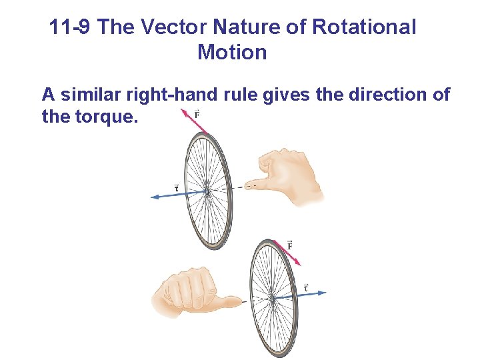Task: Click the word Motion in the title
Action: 232,52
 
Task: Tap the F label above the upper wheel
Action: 197,115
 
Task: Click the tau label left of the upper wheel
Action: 176,187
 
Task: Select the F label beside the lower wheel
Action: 290,245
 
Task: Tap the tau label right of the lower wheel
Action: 306,287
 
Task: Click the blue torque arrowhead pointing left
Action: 155,196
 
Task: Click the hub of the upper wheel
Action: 207,191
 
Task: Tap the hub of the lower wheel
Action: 272,298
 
